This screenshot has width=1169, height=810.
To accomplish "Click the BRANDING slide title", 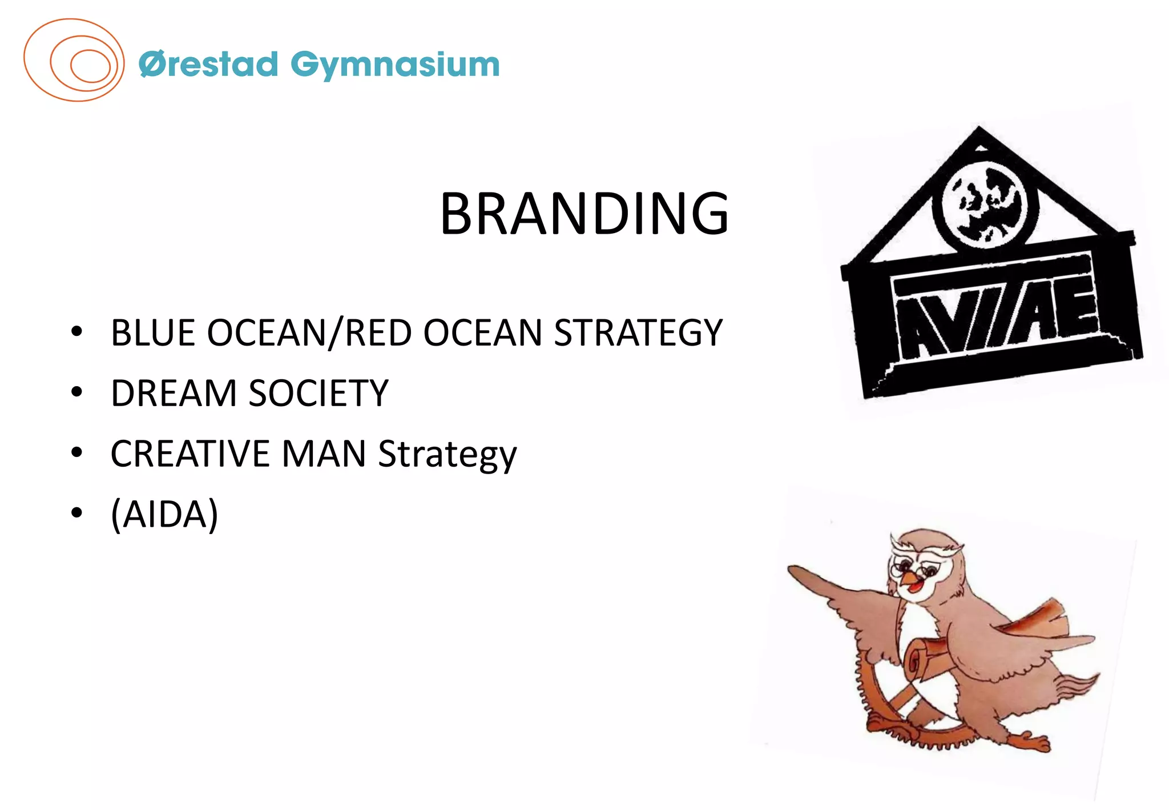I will (584, 214).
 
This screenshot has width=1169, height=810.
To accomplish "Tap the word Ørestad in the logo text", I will (208, 64).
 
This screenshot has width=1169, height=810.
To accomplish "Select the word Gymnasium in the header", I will (395, 65).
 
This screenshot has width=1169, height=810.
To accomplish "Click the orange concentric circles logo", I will (74, 61).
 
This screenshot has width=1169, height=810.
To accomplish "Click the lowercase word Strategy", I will (447, 455).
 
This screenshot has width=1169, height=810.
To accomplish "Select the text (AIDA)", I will (164, 515).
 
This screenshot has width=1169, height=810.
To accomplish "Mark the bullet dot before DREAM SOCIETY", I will (76, 392).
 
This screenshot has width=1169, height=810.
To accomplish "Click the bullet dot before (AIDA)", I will (76, 514).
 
